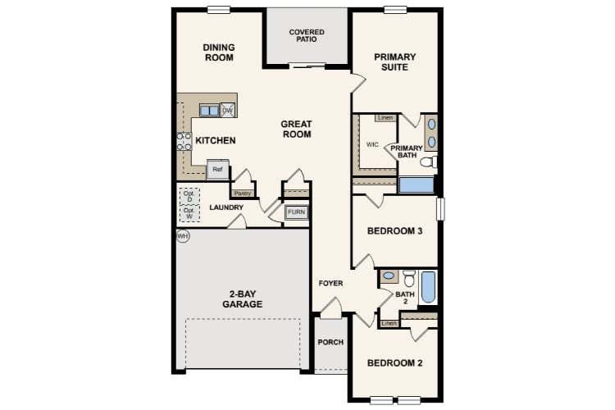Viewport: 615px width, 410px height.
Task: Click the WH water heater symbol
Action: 183,236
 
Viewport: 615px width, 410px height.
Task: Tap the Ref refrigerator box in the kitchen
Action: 217,169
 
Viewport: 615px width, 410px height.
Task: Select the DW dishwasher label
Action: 228,110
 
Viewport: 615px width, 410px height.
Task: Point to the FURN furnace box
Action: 296,213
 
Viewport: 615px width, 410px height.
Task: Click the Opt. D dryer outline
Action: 189,197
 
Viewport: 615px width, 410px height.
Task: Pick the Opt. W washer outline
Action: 189,214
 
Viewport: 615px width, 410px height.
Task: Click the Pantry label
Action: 243,194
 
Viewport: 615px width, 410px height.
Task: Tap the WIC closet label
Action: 371,144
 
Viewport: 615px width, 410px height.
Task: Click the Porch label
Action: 330,342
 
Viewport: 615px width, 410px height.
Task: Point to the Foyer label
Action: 331,284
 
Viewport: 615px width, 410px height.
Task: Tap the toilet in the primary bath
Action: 427,162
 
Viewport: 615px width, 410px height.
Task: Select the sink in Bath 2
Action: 389,276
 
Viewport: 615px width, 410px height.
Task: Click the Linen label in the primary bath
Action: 385,118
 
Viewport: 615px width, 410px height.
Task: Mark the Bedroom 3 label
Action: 394,231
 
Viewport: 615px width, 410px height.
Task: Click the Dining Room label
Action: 219,52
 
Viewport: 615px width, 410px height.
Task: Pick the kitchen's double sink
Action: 209,110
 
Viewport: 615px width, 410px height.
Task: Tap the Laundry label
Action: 225,207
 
